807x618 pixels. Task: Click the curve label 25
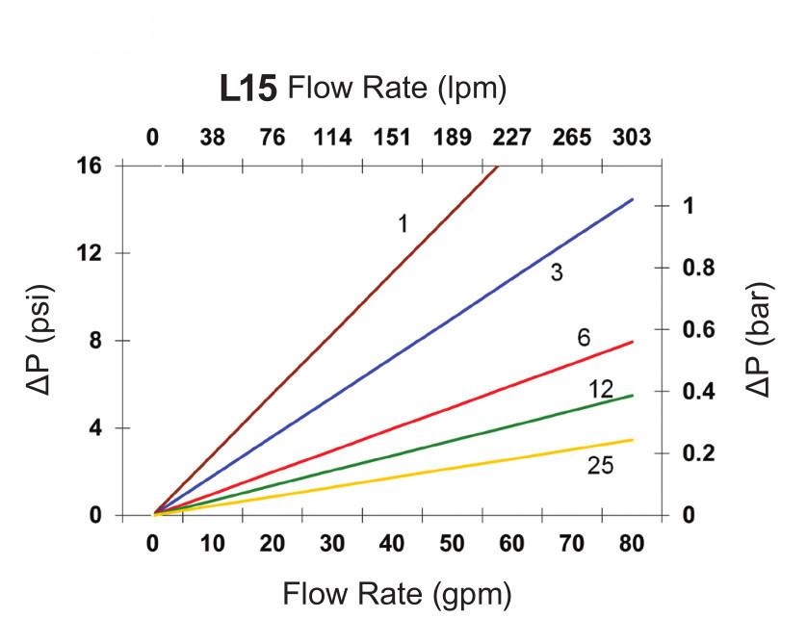point(600,467)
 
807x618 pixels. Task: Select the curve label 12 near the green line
point(601,389)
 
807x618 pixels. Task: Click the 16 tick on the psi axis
point(91,166)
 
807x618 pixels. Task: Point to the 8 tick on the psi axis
point(97,341)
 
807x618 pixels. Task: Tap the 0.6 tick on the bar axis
point(695,329)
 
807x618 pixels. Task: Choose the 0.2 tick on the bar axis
point(695,453)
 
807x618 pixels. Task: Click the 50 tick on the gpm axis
point(452,544)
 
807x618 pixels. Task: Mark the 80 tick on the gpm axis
point(631,544)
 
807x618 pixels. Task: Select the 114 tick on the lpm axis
point(332,138)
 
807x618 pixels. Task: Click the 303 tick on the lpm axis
point(632,138)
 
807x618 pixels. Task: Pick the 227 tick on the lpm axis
point(511,138)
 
